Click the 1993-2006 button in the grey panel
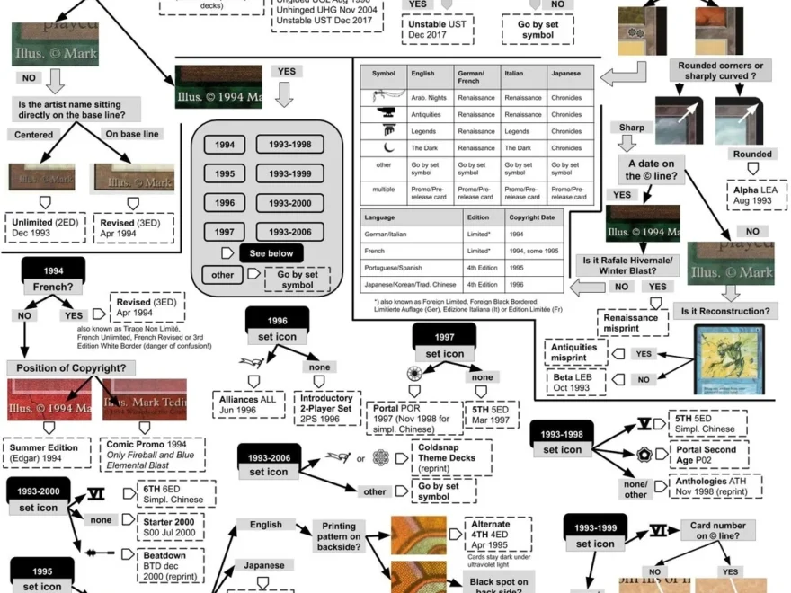pyautogui.click(x=290, y=232)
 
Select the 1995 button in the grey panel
pyautogui.click(x=225, y=173)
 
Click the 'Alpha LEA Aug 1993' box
pyautogui.click(x=756, y=195)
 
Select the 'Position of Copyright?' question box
pyautogui.click(x=71, y=367)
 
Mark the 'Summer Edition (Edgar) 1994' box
pyautogui.click(x=47, y=451)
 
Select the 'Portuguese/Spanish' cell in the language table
pyautogui.click(x=411, y=269)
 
